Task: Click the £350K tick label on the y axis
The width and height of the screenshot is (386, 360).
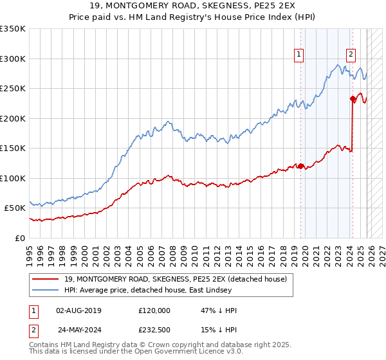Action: coord(13,29)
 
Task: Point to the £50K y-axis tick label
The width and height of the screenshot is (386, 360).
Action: coord(15,208)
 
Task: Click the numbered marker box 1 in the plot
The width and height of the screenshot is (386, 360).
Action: coord(300,55)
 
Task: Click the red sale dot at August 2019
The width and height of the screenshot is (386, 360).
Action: coord(300,166)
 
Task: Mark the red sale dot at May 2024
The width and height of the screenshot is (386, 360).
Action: coord(353,99)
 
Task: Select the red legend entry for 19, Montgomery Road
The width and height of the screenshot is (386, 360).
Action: coord(176,278)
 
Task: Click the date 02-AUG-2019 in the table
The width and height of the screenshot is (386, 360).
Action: coord(78,310)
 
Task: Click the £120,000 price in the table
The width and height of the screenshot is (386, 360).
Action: coord(154,310)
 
